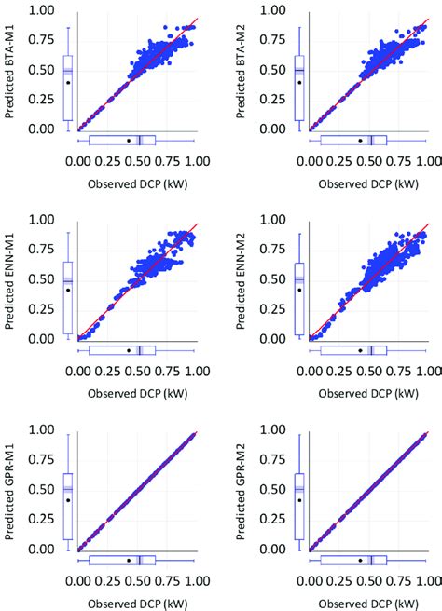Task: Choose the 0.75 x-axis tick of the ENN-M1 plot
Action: [x=167, y=370]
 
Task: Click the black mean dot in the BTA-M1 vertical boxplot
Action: [x=68, y=82]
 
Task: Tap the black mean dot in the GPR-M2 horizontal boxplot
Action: [x=360, y=561]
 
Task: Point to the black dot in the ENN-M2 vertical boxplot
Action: [x=299, y=290]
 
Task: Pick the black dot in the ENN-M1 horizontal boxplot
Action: [x=128, y=350]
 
